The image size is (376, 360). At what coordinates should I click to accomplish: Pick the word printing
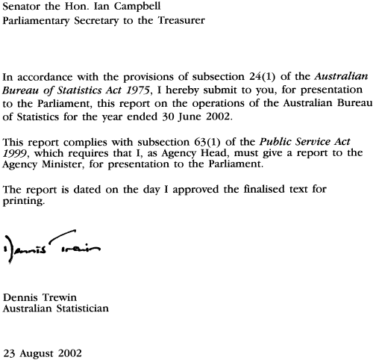point(24,202)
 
